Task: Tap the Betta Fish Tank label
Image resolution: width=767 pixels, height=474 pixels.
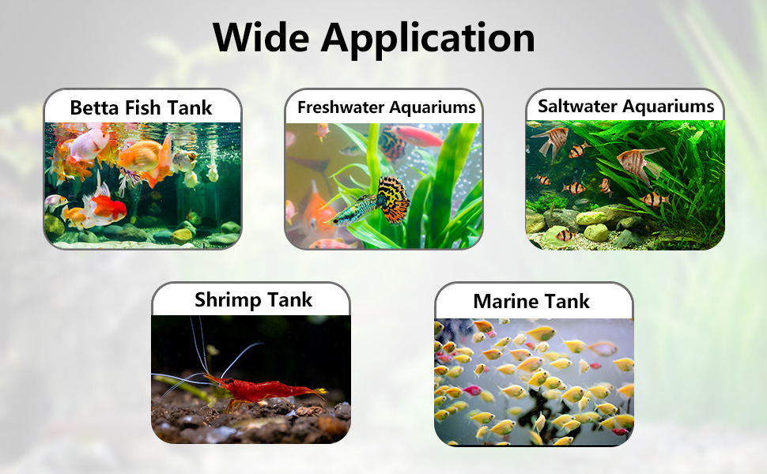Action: point(142,107)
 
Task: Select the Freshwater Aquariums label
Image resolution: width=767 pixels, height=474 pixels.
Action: point(387,107)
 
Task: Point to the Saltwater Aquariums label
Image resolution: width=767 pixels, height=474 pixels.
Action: point(625,106)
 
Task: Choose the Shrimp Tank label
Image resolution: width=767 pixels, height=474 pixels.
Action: point(254,300)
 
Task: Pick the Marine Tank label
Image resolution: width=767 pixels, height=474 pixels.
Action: point(531,301)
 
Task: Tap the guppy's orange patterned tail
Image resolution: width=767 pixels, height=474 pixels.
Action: point(393,198)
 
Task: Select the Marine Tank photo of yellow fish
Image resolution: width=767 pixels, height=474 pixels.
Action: point(534,381)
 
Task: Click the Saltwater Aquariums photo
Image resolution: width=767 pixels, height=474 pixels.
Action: point(625,184)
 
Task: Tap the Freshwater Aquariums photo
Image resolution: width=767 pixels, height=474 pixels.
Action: point(383,186)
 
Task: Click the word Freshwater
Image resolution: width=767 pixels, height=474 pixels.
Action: point(339,107)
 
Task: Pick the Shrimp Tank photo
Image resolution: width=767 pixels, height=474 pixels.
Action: point(251,379)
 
